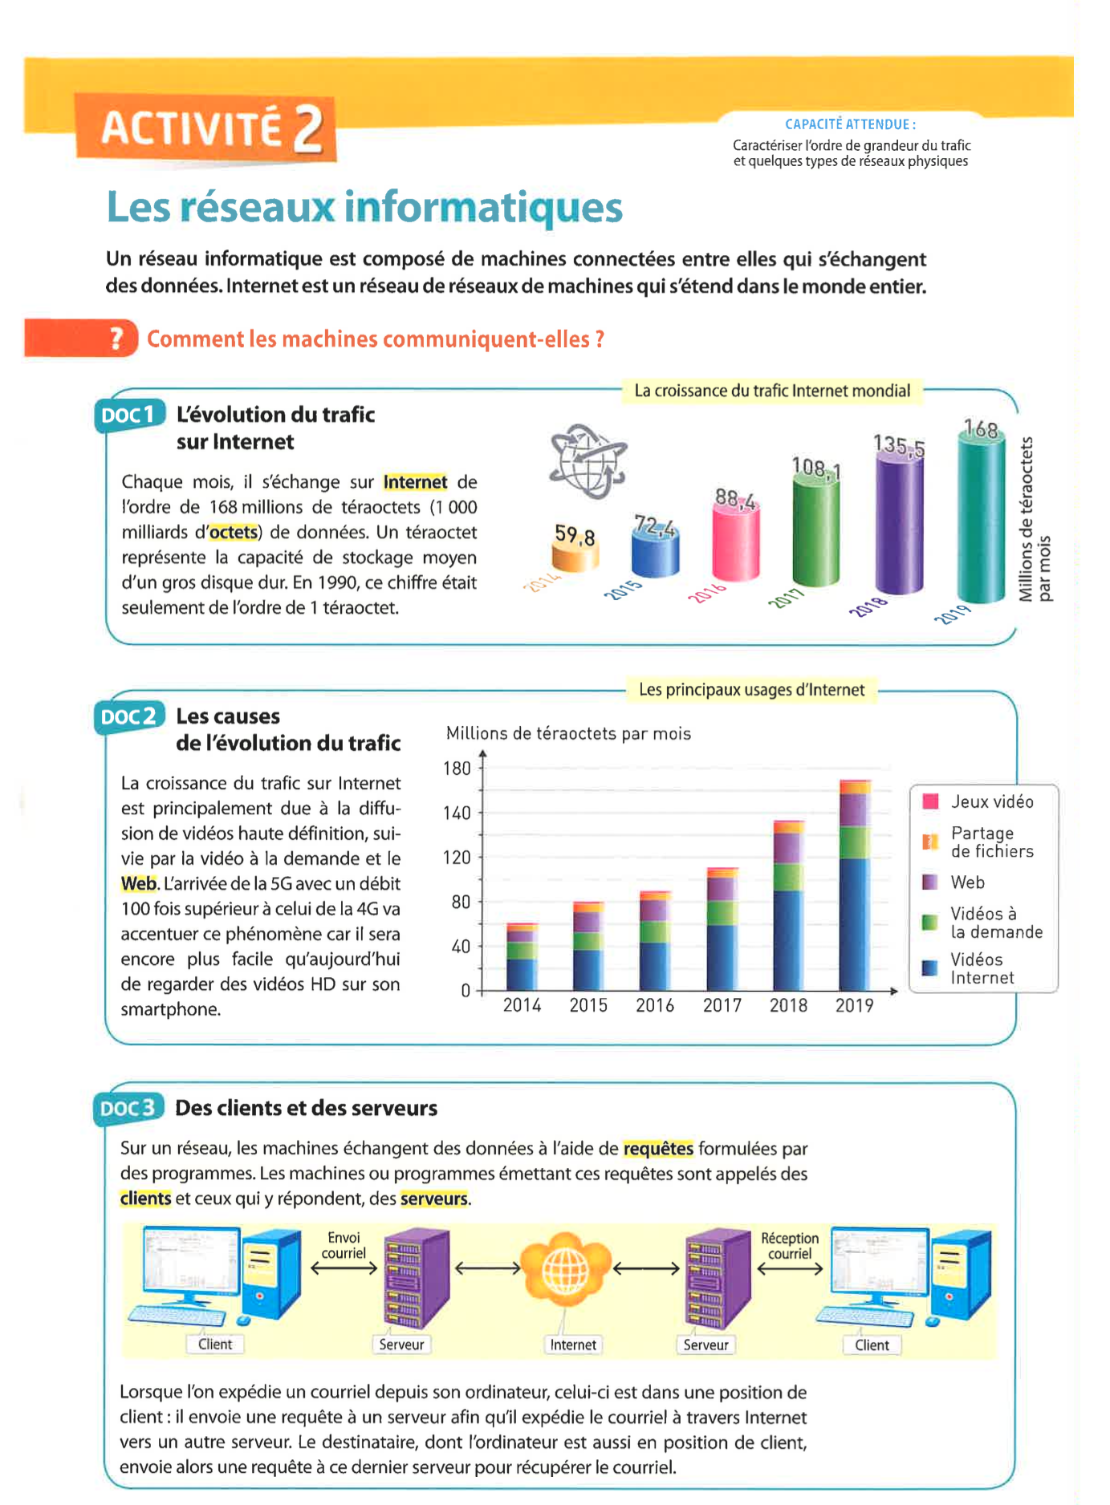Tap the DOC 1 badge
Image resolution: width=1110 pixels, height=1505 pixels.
[128, 415]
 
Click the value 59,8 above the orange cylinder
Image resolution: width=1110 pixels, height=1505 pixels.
[575, 534]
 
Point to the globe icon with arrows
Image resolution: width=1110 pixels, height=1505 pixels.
[588, 461]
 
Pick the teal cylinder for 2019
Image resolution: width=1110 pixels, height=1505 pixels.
[981, 521]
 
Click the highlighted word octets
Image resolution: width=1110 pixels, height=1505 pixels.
[234, 533]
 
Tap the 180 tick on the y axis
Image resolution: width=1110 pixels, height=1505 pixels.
[457, 769]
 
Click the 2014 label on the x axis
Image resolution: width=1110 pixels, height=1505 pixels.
[522, 1005]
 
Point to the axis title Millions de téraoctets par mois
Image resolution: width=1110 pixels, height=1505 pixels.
[568, 733]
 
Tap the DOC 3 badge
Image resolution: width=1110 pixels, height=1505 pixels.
[128, 1108]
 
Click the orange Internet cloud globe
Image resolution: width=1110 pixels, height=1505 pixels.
[567, 1269]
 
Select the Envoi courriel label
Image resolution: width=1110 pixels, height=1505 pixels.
[344, 1246]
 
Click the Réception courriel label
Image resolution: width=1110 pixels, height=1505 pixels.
[790, 1246]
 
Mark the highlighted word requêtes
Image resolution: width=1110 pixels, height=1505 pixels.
[658, 1149]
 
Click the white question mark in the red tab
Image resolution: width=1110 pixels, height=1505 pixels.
[117, 339]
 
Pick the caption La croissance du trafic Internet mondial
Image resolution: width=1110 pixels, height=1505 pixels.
[772, 391]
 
